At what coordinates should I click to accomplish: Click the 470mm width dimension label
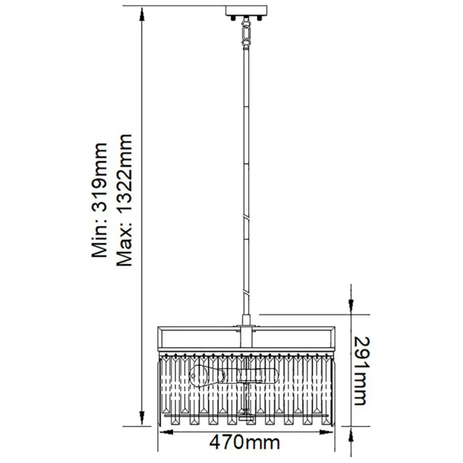point(245,442)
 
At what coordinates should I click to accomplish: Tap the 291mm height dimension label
point(362,371)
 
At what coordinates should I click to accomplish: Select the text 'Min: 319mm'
point(100,200)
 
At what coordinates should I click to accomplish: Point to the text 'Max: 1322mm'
point(125,200)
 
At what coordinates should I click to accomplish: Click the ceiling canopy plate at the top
point(246,10)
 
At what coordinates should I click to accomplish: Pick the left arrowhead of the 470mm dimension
point(166,432)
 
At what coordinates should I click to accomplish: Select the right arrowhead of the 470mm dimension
point(326,432)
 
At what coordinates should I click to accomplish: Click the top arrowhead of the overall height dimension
point(142,14)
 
